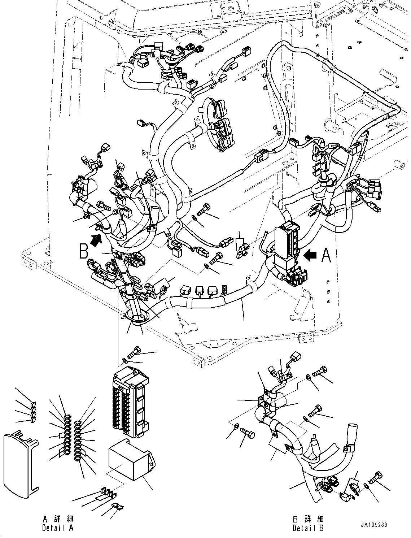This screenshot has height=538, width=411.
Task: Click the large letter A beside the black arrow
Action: [326, 255]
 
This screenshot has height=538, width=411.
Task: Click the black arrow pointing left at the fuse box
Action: [310, 255]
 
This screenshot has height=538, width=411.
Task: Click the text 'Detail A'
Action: [58, 528]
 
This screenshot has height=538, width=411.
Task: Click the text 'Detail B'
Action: [308, 528]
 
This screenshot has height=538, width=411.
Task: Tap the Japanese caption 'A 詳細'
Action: [58, 519]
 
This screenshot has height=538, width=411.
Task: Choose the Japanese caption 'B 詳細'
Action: [308, 519]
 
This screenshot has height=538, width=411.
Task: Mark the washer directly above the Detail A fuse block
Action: [125, 360]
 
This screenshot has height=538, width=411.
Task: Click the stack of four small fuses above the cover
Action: [33, 412]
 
